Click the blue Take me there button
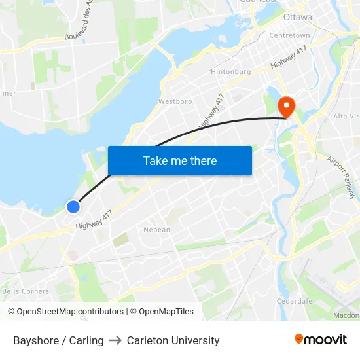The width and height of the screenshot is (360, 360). click(179, 160)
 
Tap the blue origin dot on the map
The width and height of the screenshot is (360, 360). click(73, 207)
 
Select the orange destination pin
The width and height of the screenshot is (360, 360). click(287, 106)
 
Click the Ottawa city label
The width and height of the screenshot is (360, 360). click(298, 16)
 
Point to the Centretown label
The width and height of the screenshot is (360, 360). click(289, 35)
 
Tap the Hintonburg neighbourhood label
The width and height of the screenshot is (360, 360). click(231, 71)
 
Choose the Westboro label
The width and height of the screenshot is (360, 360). click(175, 102)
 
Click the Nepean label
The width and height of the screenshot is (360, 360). click(157, 230)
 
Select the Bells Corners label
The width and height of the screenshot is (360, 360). click(26, 291)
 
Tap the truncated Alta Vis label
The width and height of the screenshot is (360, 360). click(346, 116)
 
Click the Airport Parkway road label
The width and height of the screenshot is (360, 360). click(342, 177)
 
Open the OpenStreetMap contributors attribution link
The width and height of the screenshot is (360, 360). click(65, 312)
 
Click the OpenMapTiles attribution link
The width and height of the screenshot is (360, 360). click(162, 312)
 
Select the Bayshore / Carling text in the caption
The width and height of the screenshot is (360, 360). click(58, 340)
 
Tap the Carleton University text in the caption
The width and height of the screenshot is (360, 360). click(173, 340)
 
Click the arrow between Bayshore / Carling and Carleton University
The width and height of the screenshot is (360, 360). click(115, 340)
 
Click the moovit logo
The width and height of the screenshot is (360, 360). click(320, 339)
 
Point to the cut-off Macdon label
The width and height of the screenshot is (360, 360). click(346, 315)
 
